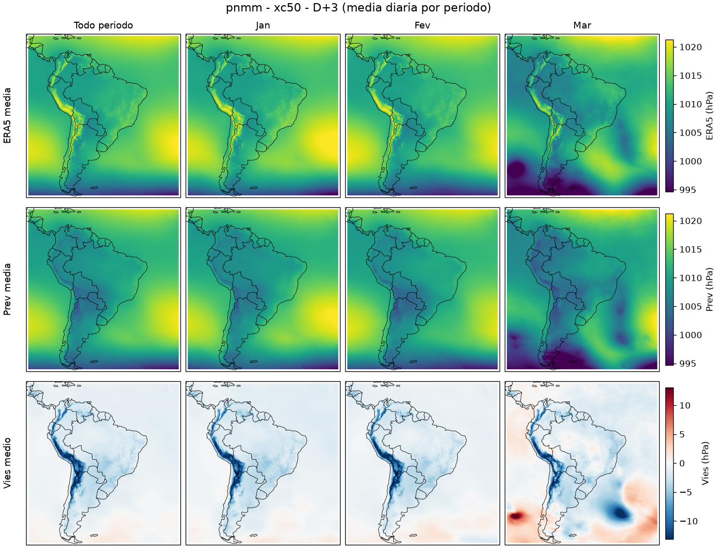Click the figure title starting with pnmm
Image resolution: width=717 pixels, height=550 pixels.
tap(358, 7)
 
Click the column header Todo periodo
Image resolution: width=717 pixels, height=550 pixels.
tap(103, 26)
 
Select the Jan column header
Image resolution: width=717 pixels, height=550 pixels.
tap(263, 26)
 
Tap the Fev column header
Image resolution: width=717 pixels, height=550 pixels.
tap(422, 26)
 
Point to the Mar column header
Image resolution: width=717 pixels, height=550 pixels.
tap(582, 26)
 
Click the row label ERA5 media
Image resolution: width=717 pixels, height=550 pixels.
tap(7, 116)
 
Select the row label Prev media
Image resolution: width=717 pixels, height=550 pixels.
tap(7, 290)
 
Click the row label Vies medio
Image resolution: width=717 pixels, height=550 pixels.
tap(7, 463)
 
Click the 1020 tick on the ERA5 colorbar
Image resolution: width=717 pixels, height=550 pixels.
tap(690, 47)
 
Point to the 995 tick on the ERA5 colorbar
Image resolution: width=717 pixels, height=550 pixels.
tap(688, 190)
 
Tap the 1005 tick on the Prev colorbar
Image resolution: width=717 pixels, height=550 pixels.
tap(690, 306)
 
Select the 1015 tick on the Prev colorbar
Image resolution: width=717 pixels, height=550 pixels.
tap(690, 249)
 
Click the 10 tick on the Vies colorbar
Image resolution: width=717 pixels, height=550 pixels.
tap(685, 405)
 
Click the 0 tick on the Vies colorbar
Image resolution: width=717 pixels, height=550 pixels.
tap(682, 464)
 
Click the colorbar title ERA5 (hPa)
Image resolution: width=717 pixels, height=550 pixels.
tap(709, 116)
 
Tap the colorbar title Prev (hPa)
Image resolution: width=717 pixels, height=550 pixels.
tap(709, 290)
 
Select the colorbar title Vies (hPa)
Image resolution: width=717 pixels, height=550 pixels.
tap(705, 463)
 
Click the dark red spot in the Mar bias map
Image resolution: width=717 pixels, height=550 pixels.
tap(517, 516)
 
